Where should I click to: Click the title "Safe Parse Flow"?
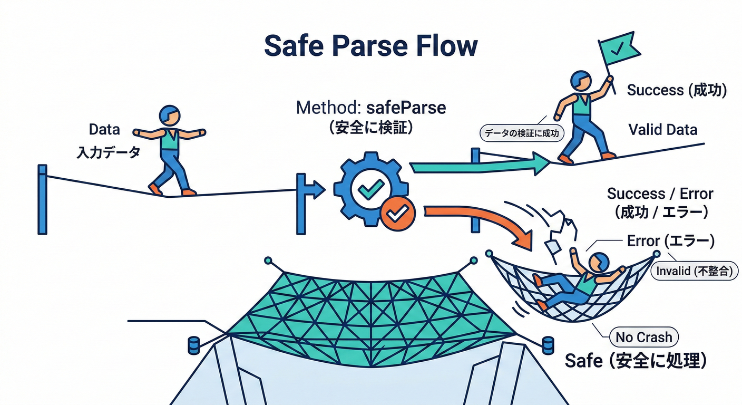coord(370,46)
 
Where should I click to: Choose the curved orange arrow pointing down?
coord(485,221)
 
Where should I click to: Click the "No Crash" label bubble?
coord(644,337)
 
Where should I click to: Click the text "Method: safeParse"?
coord(371,108)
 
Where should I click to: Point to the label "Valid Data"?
coord(662,130)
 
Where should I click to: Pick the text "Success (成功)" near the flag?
coord(677,90)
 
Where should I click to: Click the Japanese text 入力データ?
coord(109,152)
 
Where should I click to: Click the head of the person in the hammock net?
coord(599,261)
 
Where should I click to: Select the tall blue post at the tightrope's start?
coord(42,199)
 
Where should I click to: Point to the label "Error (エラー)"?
coord(670,241)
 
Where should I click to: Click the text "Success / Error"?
coord(660,194)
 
